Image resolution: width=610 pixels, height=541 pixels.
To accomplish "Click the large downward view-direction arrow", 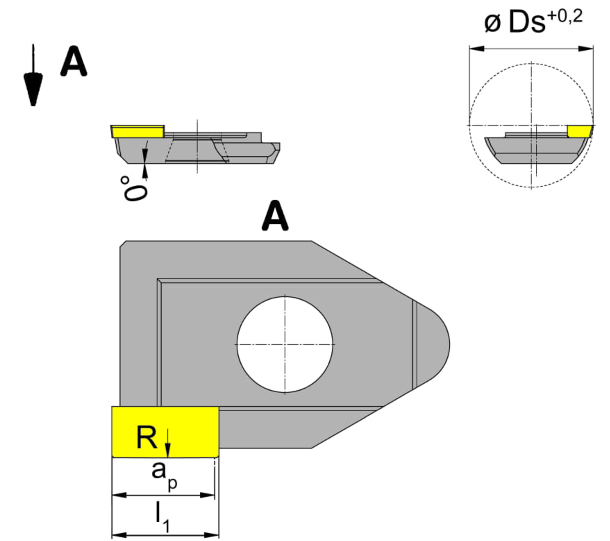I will click(33, 80).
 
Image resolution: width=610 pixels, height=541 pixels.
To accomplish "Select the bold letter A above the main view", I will click(275, 216).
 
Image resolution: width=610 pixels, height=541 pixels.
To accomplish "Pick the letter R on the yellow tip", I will click(147, 438).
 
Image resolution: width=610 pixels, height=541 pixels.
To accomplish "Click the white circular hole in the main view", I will click(285, 345).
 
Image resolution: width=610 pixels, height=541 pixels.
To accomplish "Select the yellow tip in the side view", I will click(138, 132).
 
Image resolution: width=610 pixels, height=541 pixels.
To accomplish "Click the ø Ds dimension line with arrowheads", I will click(531, 49).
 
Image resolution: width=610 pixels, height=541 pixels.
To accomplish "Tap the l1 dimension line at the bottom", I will click(165, 535).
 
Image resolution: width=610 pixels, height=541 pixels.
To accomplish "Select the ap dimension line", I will click(163, 495).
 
